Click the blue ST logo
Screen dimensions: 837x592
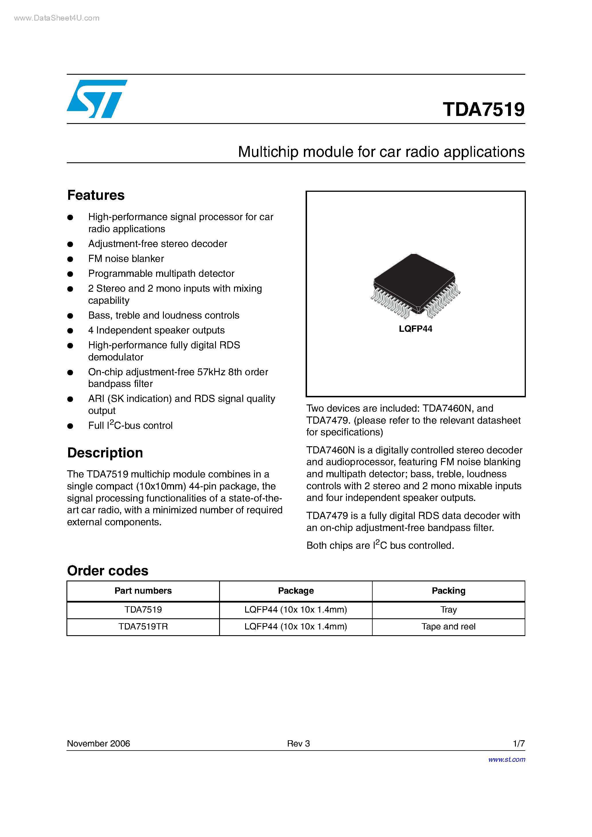click(x=97, y=99)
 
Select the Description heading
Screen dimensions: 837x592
click(x=105, y=453)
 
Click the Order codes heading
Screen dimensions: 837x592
click(x=108, y=570)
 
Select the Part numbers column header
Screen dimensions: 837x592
click(x=143, y=591)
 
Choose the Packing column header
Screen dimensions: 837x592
click(x=448, y=591)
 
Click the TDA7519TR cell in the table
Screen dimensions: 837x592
click(x=143, y=626)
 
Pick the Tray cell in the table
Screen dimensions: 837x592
click(x=448, y=609)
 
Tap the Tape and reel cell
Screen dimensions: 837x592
click(x=448, y=626)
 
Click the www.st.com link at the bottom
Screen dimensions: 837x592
click(x=506, y=759)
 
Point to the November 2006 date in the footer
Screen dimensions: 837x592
click(x=99, y=743)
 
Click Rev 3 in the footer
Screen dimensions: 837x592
click(x=298, y=743)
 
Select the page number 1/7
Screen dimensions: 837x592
click(x=518, y=743)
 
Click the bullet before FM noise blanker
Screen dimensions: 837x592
click(x=70, y=259)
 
